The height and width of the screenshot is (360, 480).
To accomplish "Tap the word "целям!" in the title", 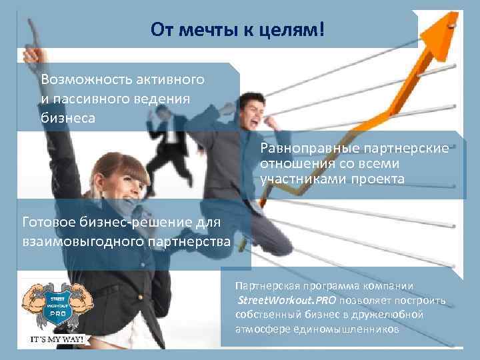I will (289, 29).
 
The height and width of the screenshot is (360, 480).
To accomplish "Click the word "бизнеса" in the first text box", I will (67, 118).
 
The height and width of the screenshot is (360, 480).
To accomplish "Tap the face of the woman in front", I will (113, 185).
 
